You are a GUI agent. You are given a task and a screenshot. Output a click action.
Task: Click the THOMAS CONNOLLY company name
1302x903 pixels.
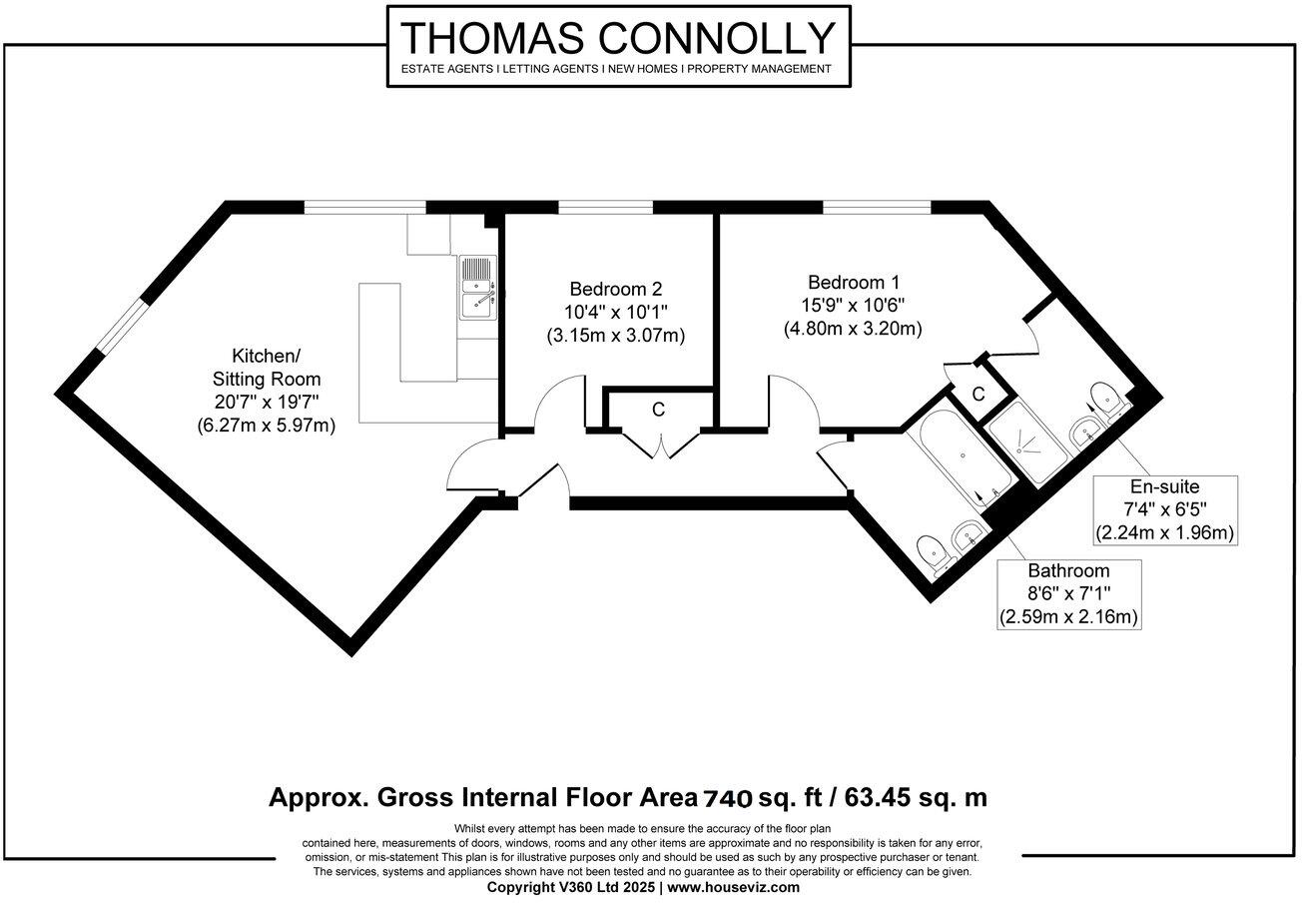[x=618, y=38]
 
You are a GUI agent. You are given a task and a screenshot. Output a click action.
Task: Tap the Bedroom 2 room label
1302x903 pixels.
[x=615, y=286]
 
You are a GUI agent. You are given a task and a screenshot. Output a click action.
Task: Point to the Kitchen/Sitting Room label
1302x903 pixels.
[x=266, y=367]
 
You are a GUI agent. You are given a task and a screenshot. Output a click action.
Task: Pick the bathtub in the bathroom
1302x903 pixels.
[x=958, y=454]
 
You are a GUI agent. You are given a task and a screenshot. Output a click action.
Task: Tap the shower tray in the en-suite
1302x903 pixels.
[x=1034, y=441]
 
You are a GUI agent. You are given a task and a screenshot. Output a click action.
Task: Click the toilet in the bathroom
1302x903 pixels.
[x=932, y=548]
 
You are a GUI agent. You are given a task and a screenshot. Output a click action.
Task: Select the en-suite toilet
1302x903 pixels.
[x=1105, y=397]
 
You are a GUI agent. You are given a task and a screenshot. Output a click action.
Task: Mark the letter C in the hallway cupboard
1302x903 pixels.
[x=658, y=409]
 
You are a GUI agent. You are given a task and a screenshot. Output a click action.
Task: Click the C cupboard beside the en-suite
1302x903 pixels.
[x=978, y=395]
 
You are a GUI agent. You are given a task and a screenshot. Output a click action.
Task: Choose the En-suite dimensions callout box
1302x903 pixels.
[x=1165, y=510]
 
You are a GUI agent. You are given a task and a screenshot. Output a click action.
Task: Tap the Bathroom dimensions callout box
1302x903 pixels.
[x=1069, y=594]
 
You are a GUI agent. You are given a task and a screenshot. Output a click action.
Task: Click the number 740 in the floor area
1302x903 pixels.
[x=728, y=798]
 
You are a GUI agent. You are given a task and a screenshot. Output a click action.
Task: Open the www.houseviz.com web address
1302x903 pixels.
[x=733, y=887]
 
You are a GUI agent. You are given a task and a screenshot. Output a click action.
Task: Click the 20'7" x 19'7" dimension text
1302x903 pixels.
[x=266, y=402]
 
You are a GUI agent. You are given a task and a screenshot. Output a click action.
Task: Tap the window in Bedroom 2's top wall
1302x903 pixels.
[x=606, y=207]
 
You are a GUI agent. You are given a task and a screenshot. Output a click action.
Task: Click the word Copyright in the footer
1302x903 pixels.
[x=520, y=887]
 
